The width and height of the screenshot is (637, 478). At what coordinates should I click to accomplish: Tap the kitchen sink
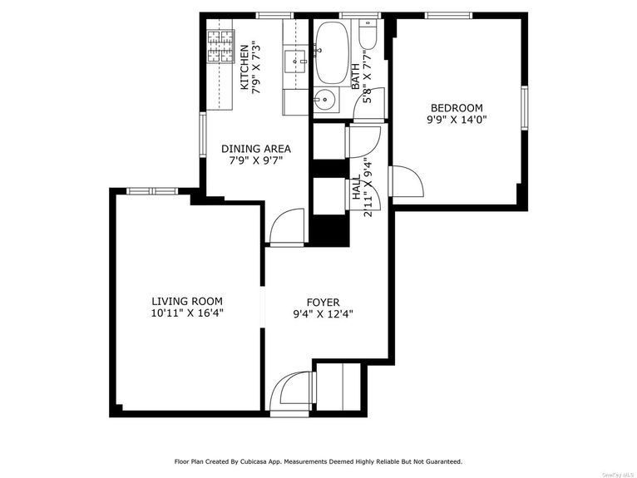tap(295, 60)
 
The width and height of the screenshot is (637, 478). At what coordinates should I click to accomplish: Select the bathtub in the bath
tap(333, 50)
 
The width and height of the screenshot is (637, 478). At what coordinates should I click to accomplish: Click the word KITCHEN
tap(244, 67)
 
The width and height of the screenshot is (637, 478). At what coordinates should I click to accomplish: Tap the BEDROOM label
tap(456, 107)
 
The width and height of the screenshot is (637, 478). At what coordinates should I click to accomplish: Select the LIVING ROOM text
tap(186, 301)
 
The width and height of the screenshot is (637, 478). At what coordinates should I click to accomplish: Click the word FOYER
tap(323, 303)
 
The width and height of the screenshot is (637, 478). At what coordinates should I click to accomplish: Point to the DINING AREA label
tap(255, 149)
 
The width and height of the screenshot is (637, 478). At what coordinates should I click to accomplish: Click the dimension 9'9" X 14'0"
tap(456, 119)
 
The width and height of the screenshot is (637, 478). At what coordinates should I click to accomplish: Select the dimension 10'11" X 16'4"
tap(187, 313)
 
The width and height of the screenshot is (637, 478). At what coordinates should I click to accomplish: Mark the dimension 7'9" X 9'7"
tap(255, 160)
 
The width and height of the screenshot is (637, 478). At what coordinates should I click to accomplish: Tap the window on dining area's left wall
tap(201, 135)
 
